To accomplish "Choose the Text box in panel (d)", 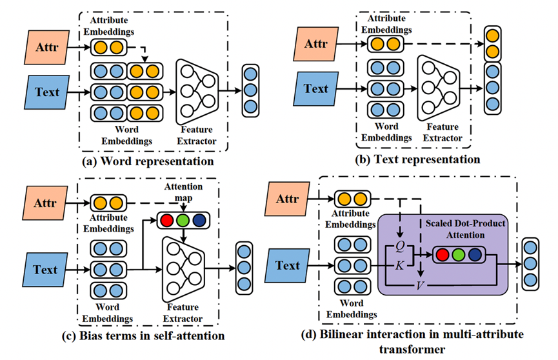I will pyautogui.click(x=287, y=265).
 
